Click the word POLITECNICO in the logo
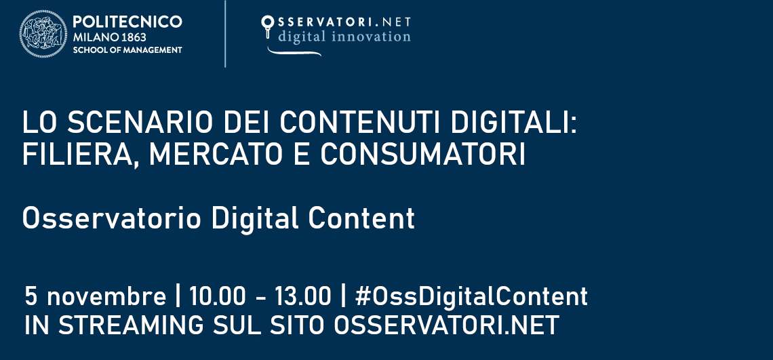coord(127,22)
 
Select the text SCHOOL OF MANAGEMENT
coord(127,50)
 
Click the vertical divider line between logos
coord(225,34)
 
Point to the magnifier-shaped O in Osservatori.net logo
coord(267,26)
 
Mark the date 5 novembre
coord(95,297)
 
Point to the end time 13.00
coord(303,297)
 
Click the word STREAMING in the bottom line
coord(133,325)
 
